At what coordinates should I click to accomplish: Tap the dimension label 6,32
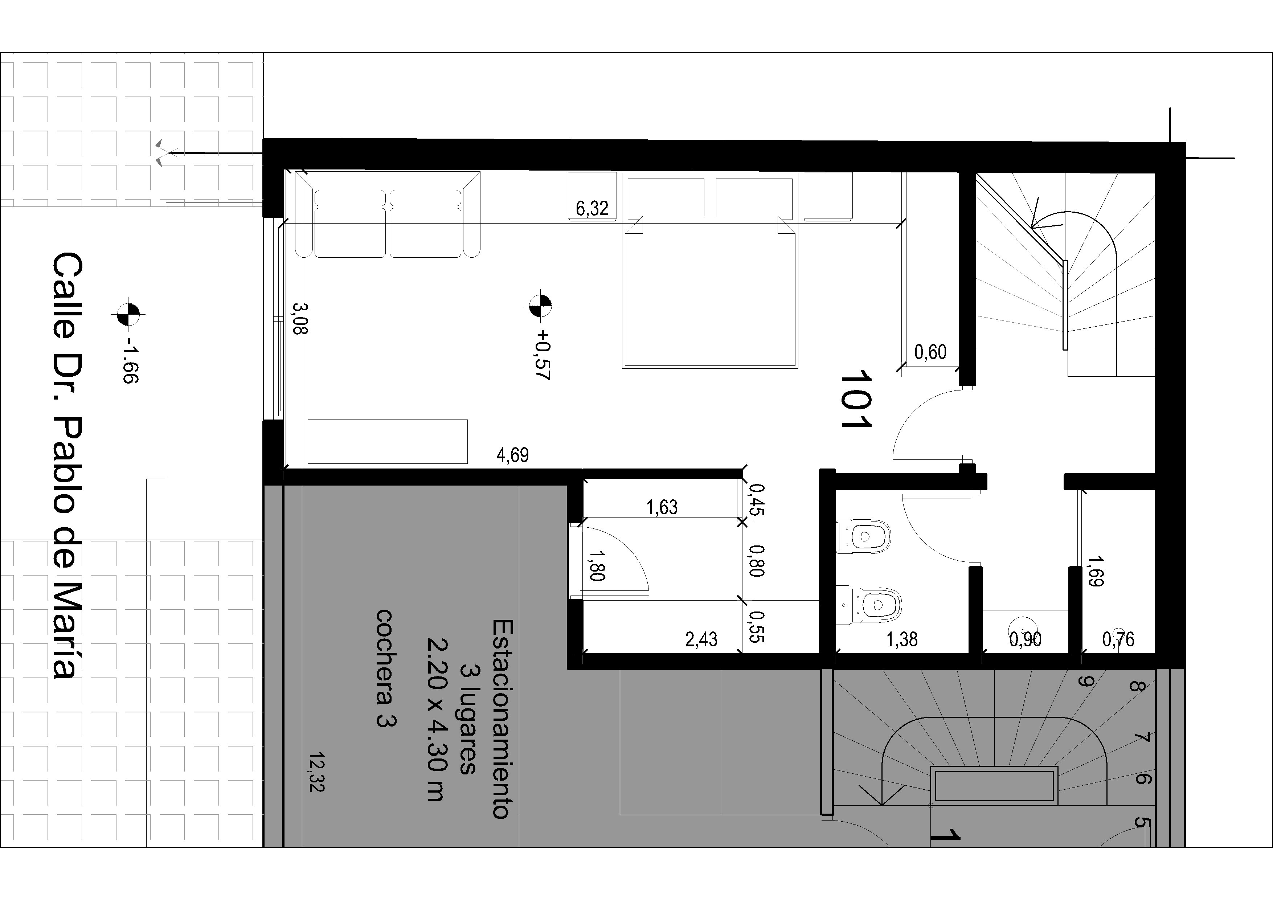(x=592, y=209)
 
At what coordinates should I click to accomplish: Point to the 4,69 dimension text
(x=513, y=455)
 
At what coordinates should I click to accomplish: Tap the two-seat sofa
(x=388, y=214)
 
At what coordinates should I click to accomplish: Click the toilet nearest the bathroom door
(x=863, y=536)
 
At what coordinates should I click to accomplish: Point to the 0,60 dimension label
(x=930, y=352)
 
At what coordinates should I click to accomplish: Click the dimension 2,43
(x=701, y=640)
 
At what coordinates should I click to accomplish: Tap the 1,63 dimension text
(x=662, y=507)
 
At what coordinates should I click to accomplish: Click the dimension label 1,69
(x=1095, y=572)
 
